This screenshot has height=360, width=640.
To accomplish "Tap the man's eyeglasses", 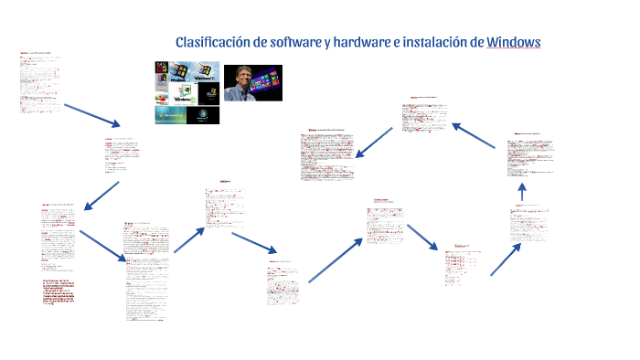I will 243,75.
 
